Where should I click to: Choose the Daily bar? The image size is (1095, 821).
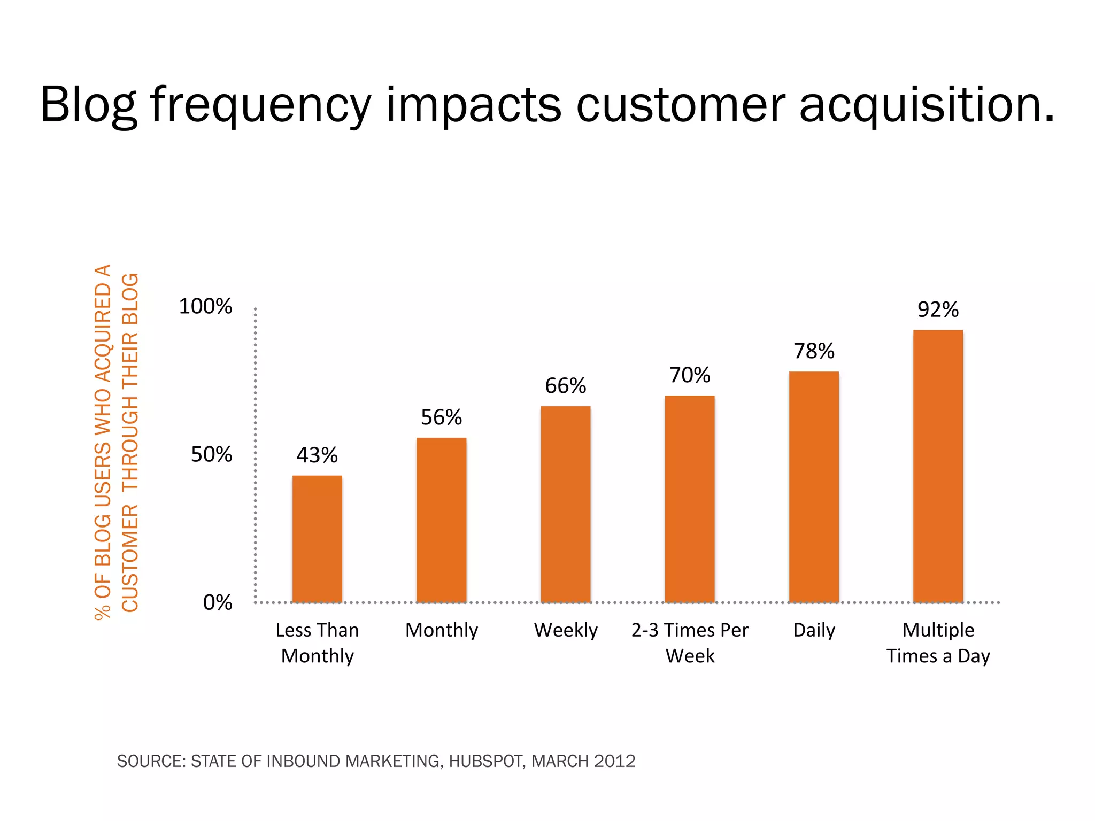point(814,487)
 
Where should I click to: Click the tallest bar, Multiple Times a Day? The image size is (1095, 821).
point(938,466)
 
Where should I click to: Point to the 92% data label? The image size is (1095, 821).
point(938,310)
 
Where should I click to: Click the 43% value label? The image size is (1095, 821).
point(317,455)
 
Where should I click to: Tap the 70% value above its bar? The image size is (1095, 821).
point(690,375)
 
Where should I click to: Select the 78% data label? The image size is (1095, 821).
point(814,351)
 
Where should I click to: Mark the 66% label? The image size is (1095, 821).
point(565,386)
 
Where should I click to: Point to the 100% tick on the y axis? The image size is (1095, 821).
point(205,307)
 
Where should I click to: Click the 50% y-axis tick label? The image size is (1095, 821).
point(211,455)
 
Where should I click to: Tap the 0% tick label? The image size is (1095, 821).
point(217,603)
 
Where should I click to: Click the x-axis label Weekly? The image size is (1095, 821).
point(566,630)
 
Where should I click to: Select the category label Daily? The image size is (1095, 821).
point(814,630)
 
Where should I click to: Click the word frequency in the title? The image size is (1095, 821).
point(260,105)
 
